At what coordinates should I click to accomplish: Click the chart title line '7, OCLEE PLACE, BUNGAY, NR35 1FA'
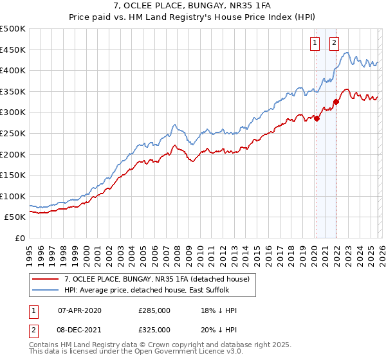point(192,6)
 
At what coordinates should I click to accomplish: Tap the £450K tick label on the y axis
point(13,50)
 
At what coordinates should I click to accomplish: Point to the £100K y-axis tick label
point(13,196)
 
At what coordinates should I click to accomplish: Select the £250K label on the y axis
point(13,133)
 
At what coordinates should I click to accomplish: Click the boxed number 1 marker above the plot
point(315,44)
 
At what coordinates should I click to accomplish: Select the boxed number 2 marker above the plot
point(335,44)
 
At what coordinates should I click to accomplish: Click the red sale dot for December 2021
point(336,102)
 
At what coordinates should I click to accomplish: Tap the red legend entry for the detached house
point(161,279)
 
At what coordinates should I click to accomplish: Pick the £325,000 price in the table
point(154,330)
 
